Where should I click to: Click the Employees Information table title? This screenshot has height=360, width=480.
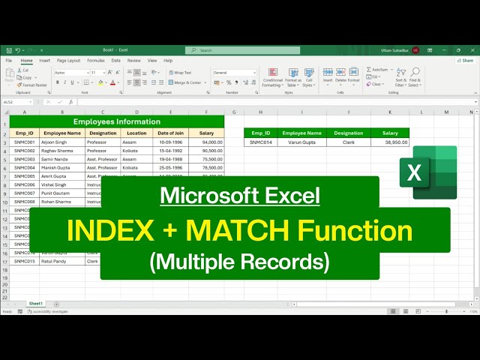coord(116,121)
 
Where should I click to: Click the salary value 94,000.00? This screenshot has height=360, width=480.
coord(206,142)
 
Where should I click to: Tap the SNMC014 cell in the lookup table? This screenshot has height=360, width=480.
coord(261,142)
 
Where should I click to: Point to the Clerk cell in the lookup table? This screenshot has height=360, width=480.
coord(348,142)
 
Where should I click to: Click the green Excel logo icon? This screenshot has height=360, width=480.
coord(434,172)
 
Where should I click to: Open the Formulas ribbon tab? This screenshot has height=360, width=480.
coord(95,60)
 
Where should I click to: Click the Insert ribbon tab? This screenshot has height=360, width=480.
coord(45,60)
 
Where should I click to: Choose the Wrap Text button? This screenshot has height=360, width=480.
coord(181,73)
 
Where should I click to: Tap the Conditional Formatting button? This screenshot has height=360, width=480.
coord(272,79)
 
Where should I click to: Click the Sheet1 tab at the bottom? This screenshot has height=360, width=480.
coord(36,303)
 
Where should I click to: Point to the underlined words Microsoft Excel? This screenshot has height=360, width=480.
coord(240,196)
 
